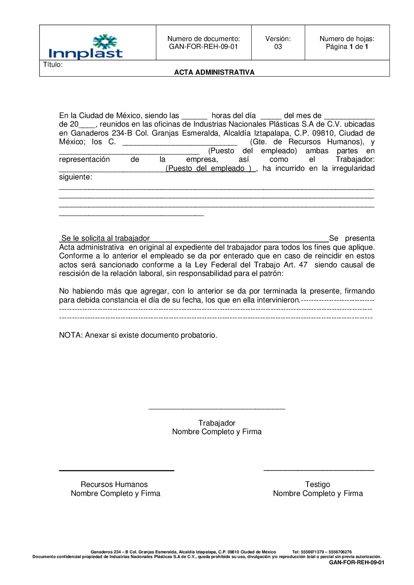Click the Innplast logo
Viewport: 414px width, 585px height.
tap(86, 47)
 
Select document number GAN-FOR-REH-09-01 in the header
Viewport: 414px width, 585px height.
tap(203, 47)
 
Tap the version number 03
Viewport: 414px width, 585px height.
tap(278, 47)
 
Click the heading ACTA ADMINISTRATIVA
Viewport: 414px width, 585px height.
tap(214, 72)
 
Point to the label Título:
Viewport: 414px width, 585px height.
tap(53, 65)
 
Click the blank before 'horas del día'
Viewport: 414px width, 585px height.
tap(194, 116)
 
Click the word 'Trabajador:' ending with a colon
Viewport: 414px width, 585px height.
tap(355, 159)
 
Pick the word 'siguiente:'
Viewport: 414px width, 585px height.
tap(76, 177)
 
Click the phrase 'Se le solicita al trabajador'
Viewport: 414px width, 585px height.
tap(106, 238)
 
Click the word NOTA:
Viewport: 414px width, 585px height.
tap(71, 335)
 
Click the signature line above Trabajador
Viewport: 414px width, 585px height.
tap(217, 409)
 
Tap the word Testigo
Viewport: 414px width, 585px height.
tap(317, 485)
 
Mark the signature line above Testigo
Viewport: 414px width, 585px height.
tap(319, 470)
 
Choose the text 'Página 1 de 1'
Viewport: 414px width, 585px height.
tap(347, 47)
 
